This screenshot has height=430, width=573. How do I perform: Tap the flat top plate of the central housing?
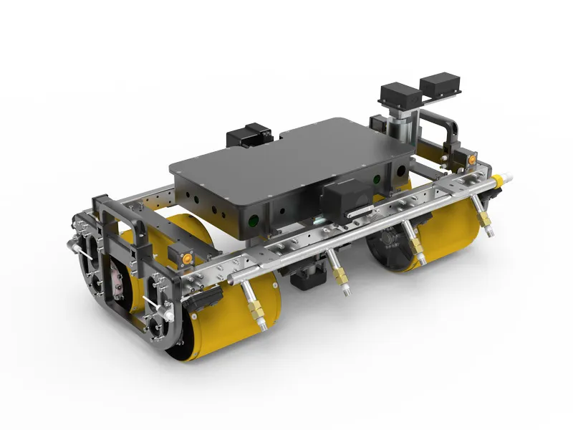click(x=286, y=158)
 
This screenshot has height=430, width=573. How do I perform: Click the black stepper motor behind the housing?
click(x=248, y=138)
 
